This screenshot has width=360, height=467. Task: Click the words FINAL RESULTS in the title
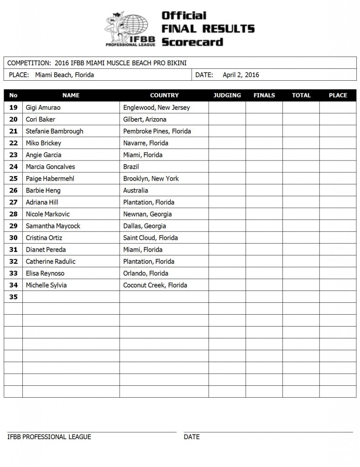click(x=208, y=29)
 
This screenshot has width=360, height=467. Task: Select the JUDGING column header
click(x=227, y=95)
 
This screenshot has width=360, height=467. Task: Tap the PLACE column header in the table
click(x=338, y=95)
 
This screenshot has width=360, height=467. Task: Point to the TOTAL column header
click(x=301, y=95)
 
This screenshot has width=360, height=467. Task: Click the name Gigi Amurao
click(x=43, y=108)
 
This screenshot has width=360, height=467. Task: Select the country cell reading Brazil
click(x=131, y=167)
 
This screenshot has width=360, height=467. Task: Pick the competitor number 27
click(x=13, y=202)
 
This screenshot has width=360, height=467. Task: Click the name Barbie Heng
click(x=43, y=191)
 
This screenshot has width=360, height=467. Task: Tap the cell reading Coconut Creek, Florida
click(x=155, y=285)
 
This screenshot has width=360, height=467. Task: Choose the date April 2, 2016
click(x=240, y=75)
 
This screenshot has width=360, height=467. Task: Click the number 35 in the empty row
click(x=13, y=297)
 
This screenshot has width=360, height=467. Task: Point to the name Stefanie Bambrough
click(x=54, y=131)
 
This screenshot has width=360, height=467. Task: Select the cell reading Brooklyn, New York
click(x=151, y=179)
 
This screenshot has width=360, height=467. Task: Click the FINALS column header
click(x=264, y=95)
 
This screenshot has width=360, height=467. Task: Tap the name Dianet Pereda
click(x=46, y=250)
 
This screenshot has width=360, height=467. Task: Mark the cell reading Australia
click(x=136, y=191)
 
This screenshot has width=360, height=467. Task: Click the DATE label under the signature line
click(x=192, y=437)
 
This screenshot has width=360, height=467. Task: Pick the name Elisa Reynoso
click(x=45, y=274)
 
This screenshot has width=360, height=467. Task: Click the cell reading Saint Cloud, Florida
click(x=151, y=238)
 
